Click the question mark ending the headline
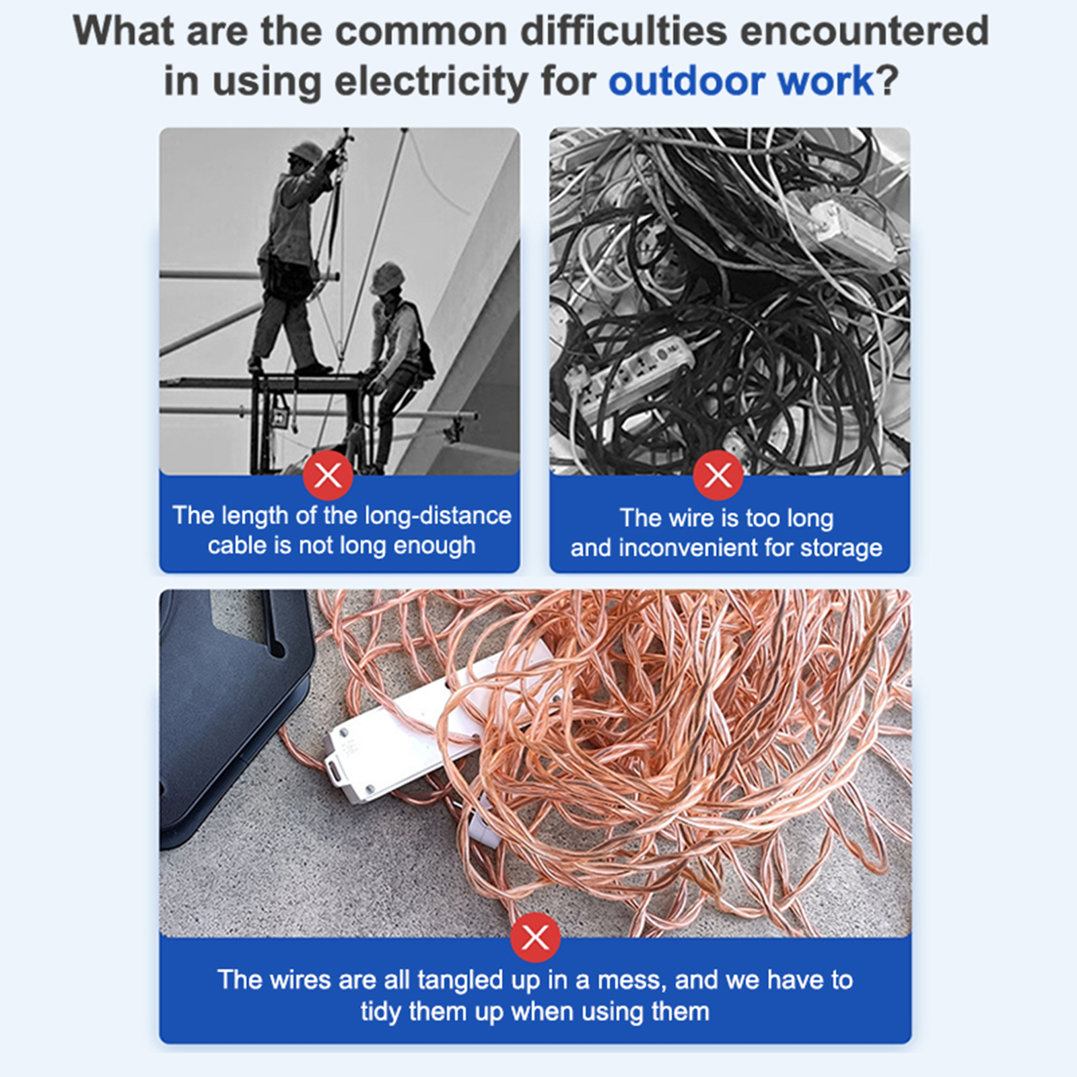click(888, 81)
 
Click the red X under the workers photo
click(328, 475)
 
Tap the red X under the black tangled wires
click(718, 475)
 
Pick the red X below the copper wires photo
click(535, 937)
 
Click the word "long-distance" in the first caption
click(438, 516)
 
